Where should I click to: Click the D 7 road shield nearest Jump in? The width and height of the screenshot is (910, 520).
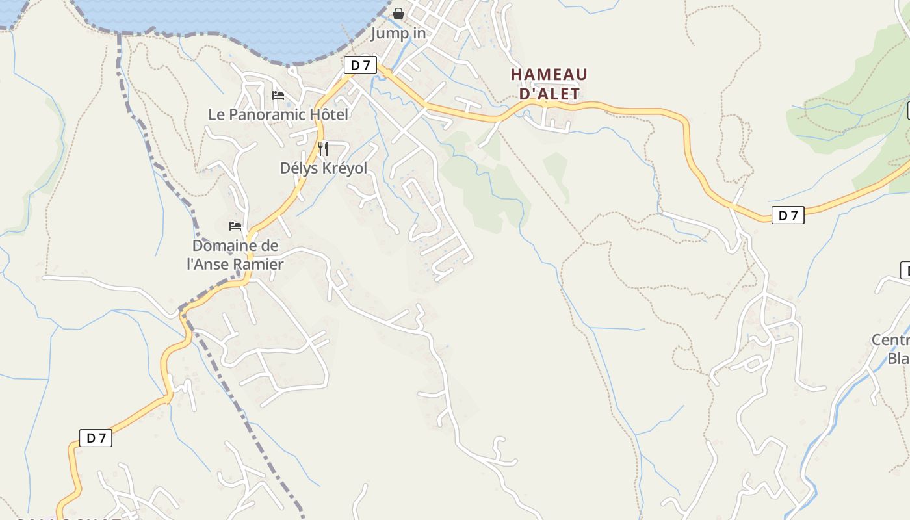click(x=360, y=65)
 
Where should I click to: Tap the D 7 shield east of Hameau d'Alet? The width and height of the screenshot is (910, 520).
click(x=788, y=215)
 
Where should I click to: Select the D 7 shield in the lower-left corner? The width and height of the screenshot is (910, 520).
click(x=96, y=438)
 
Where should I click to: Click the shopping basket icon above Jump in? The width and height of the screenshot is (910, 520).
click(x=398, y=14)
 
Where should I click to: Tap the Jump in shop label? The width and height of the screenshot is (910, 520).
click(x=398, y=33)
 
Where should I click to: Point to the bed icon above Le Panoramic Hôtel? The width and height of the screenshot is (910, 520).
click(x=278, y=96)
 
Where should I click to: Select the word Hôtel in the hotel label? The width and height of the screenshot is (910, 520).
click(x=328, y=115)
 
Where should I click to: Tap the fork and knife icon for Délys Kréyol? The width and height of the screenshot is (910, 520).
click(x=322, y=149)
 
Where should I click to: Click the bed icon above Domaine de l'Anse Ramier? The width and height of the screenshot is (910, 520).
click(x=235, y=226)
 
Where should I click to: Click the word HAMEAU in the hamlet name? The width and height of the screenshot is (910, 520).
click(x=549, y=75)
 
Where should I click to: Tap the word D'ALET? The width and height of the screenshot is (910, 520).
click(x=550, y=94)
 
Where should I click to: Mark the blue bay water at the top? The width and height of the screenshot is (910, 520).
click(x=227, y=19)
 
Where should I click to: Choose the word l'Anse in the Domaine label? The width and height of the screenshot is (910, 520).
click(x=209, y=265)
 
